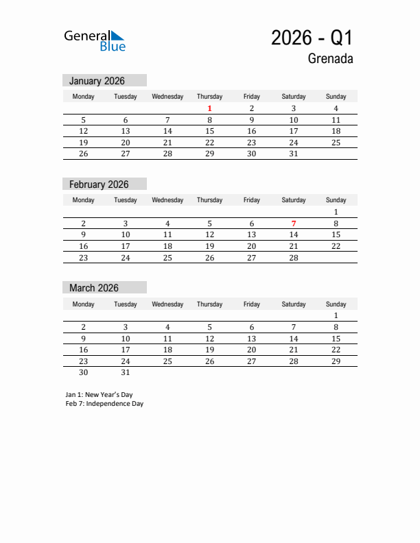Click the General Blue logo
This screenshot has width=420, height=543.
pos(95,40)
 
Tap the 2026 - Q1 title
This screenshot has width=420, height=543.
pos(312,38)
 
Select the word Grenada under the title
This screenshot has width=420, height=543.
pos(330,59)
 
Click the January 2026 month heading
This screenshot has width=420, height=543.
pos(97,81)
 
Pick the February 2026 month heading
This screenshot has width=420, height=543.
pos(99,184)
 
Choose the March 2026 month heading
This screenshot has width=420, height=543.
pos(94,288)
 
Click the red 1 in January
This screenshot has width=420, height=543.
pos(209,108)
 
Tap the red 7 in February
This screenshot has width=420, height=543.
pos(294,224)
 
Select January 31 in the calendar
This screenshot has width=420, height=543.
pos(294,154)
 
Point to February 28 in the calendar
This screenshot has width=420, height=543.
pos(294,258)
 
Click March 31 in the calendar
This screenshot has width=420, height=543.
pos(126,372)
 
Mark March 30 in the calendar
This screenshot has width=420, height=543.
pos(84,372)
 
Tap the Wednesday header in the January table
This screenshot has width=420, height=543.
pos(167,97)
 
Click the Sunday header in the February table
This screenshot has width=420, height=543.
pos(336,200)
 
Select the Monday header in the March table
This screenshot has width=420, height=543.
pos(84,304)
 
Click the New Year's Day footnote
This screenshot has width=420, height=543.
pos(99,395)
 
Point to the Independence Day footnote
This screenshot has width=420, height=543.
pos(104,404)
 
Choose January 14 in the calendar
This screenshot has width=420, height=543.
pos(167,131)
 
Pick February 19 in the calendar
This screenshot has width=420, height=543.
pos(209,246)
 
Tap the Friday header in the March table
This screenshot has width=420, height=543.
pos(252,304)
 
